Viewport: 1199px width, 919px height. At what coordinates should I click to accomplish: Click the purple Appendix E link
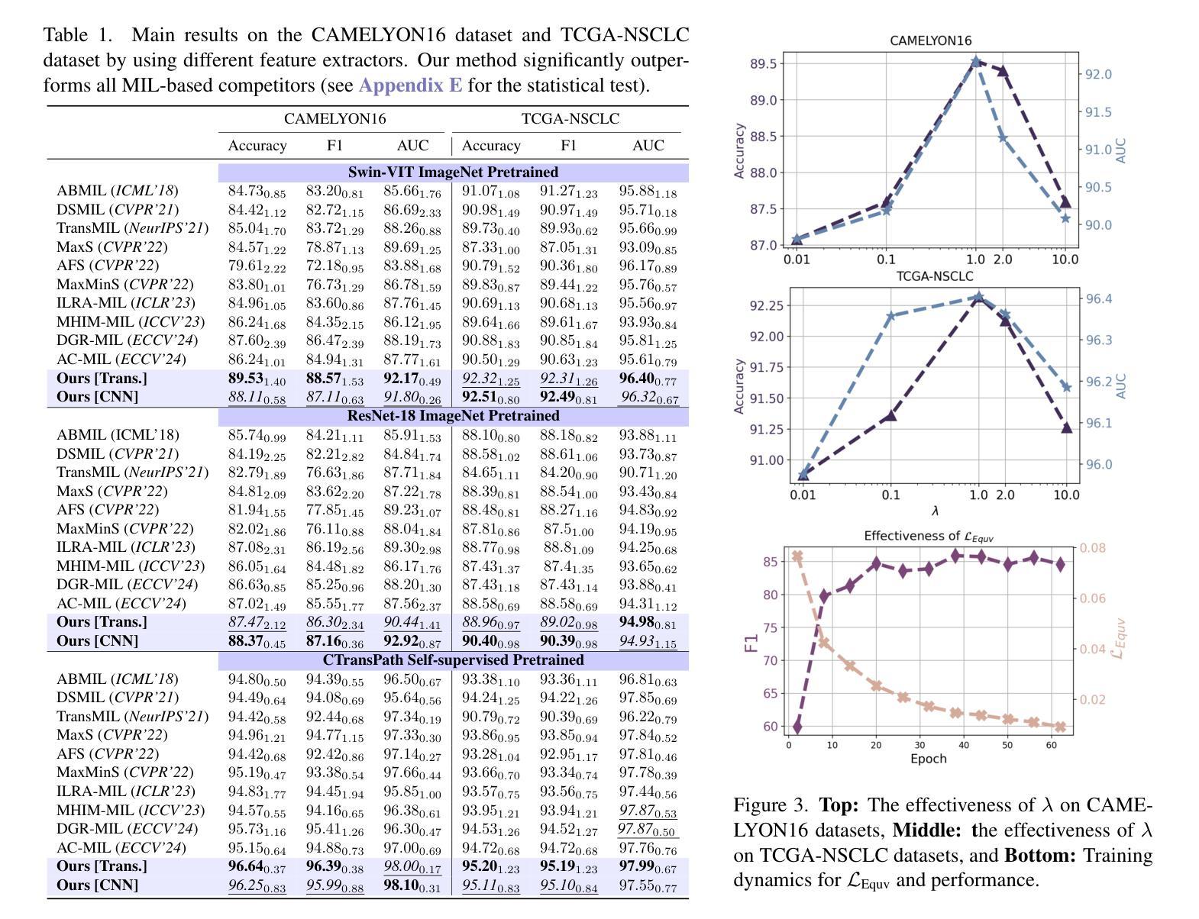pos(410,85)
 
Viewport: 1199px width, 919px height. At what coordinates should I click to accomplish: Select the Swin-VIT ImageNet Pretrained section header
pos(453,173)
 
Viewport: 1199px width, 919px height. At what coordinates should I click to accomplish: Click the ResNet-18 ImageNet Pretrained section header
pos(453,416)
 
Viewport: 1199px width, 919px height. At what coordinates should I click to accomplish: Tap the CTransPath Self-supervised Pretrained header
pos(453,660)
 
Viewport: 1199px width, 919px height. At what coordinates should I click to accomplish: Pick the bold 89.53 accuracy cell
pos(257,379)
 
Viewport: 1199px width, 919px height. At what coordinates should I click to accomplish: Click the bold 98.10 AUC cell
pos(412,885)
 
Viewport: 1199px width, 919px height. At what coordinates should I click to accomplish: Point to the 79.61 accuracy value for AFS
pos(257,266)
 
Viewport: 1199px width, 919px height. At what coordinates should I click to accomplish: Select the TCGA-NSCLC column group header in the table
pos(570,118)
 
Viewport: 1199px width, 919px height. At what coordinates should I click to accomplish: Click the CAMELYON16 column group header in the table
pos(335,118)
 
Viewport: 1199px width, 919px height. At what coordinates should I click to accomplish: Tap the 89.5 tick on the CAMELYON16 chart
pos(763,64)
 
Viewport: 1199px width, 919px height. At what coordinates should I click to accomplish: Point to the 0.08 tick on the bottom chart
pos(1093,548)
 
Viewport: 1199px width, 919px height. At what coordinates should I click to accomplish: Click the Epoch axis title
pos(929,759)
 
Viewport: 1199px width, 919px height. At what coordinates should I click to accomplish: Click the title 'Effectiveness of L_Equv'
pos(929,536)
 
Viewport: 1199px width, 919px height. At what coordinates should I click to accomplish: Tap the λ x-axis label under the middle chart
pos(935,511)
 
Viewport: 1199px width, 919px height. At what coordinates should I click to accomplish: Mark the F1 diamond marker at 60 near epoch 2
pos(797,727)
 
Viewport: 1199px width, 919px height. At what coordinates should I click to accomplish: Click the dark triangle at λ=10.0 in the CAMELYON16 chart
pos(1065,202)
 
